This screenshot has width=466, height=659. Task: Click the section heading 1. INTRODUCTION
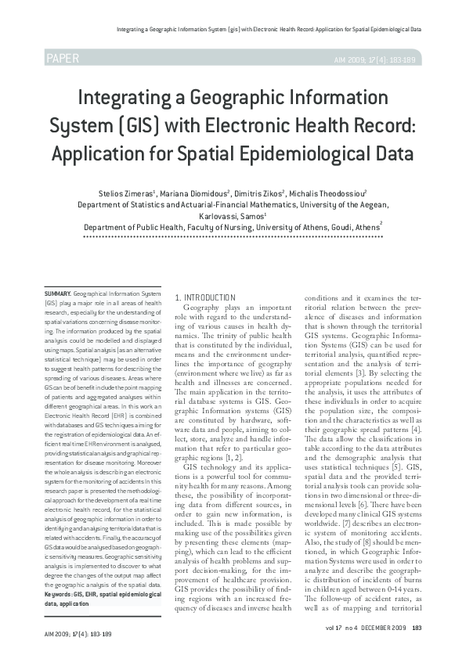(x=205, y=297)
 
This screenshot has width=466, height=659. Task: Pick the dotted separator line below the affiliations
(x=232, y=236)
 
